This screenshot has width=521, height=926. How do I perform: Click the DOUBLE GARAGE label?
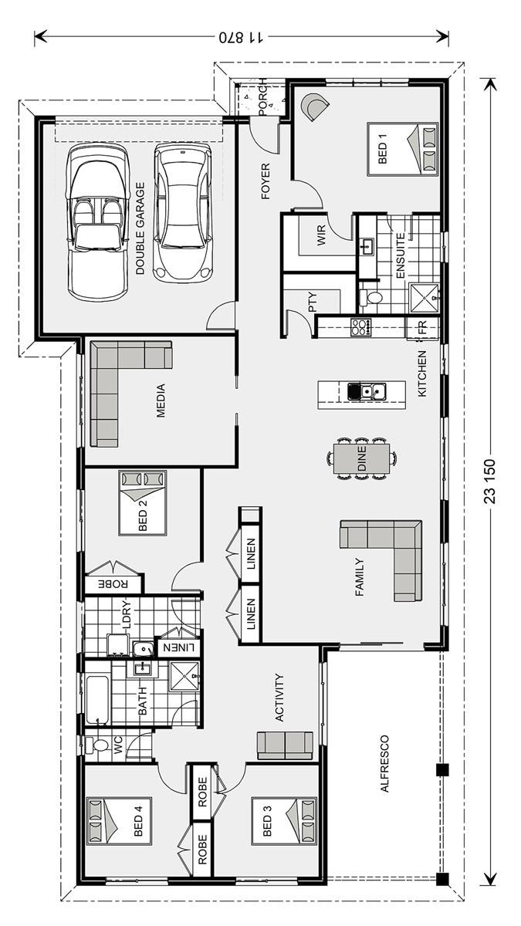point(140,228)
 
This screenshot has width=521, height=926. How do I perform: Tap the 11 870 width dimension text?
point(241,38)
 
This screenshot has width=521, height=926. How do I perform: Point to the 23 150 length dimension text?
point(489,482)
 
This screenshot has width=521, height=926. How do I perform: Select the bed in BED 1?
point(402,149)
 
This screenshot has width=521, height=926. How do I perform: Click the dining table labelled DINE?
point(362,458)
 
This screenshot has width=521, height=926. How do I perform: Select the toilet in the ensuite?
point(371,297)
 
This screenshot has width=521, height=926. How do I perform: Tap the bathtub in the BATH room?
point(97,698)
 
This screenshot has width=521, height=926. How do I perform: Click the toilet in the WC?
point(96,745)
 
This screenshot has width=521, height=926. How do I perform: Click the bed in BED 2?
point(143,503)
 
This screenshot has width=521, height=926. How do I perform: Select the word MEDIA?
point(161,400)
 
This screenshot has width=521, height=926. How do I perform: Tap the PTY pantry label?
point(313,302)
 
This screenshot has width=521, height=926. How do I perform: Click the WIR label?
point(322,235)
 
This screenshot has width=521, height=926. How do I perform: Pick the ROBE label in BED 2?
point(113,584)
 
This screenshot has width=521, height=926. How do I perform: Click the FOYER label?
point(266,181)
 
